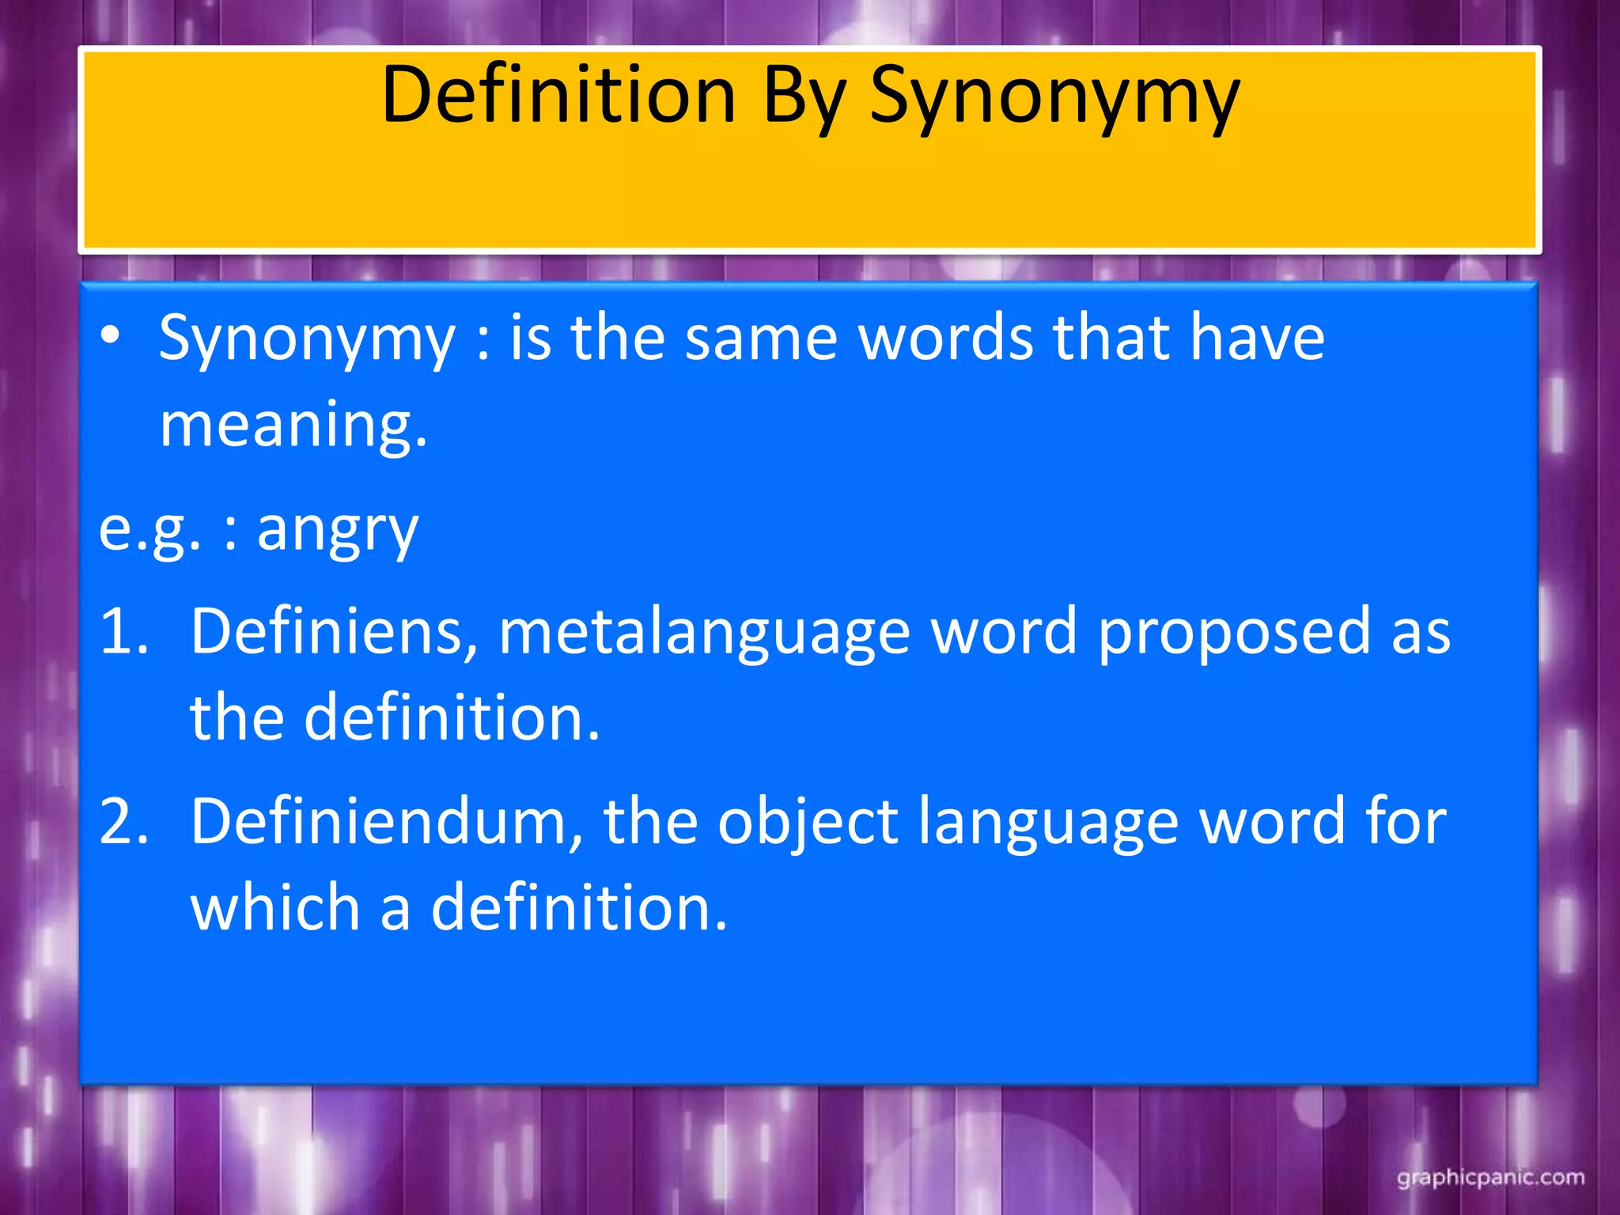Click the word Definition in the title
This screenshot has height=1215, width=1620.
coord(558,95)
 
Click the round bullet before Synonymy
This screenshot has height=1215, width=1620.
coord(111,335)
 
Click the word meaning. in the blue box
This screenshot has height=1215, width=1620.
coord(293,425)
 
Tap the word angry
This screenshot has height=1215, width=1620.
coord(338,530)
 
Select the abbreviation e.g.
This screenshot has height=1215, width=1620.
coord(150,530)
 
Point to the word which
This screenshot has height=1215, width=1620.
coord(275,908)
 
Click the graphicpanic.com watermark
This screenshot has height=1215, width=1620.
coord(1490,1178)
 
